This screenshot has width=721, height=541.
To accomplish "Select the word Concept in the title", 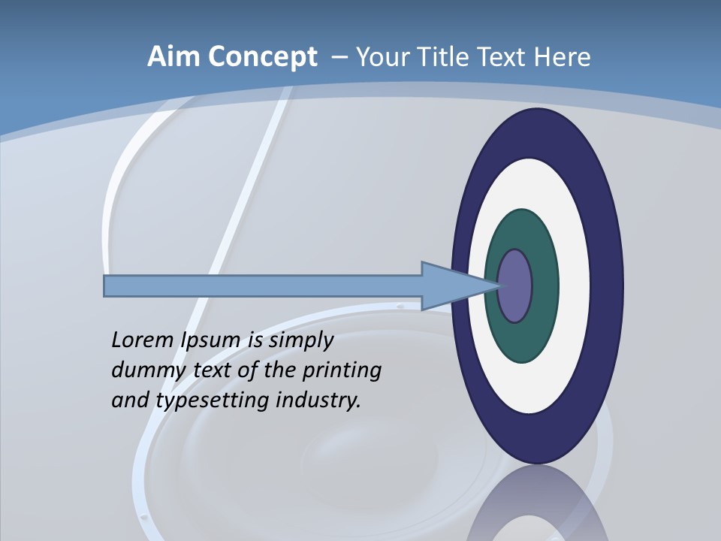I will pyautogui.click(x=262, y=58).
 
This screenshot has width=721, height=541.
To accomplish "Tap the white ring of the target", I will pyautogui.click(x=574, y=286).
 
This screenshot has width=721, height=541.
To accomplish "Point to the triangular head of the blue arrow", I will pyautogui.click(x=451, y=286).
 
